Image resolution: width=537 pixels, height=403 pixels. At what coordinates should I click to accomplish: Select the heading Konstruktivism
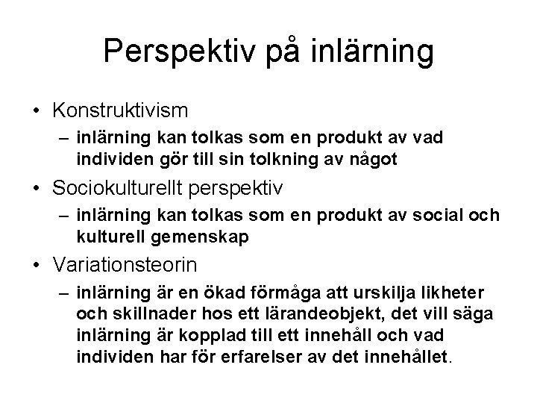(120, 110)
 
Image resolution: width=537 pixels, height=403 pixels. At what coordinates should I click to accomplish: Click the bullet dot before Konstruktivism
(37, 111)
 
